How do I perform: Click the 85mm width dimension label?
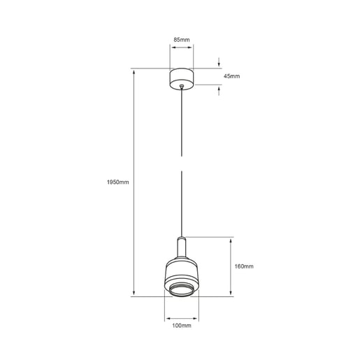click(181, 40)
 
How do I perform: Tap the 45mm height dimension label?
click(231, 75)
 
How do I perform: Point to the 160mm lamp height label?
click(244, 266)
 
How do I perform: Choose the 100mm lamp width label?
click(182, 325)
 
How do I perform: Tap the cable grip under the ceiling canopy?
click(182, 87)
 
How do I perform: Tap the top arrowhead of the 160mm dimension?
click(231, 239)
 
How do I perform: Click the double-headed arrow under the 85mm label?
click(182, 48)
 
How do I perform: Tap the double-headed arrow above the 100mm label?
click(182, 315)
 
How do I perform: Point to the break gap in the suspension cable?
click(182, 164)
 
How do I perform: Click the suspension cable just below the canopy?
click(182, 105)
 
